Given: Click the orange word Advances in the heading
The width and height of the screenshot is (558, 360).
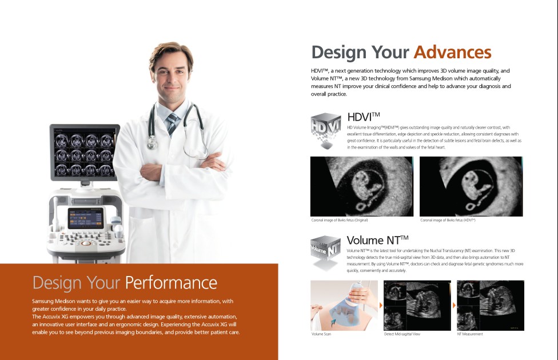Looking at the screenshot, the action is pyautogui.click(x=452, y=53).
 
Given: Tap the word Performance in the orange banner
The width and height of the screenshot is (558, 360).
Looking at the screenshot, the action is pyautogui.click(x=171, y=283).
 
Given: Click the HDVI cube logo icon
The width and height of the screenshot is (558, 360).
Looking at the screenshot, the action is pyautogui.click(x=326, y=130).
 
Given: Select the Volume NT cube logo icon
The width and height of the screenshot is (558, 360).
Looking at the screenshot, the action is pyautogui.click(x=326, y=252).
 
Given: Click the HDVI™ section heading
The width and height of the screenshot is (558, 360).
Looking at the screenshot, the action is pyautogui.click(x=364, y=117).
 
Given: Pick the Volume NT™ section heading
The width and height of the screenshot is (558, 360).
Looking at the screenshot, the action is pyautogui.click(x=377, y=240).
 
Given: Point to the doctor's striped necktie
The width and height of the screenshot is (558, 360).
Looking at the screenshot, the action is pyautogui.click(x=172, y=123).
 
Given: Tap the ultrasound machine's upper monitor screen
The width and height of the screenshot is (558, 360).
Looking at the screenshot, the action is pyautogui.click(x=85, y=153).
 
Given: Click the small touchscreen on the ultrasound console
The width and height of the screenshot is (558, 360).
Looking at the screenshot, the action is pyautogui.click(x=86, y=218).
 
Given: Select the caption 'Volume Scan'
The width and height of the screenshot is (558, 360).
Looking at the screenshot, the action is pyautogui.click(x=321, y=334).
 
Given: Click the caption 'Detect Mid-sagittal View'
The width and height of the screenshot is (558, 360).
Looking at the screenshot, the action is pyautogui.click(x=402, y=334).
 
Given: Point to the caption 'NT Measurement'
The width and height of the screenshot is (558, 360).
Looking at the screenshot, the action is pyautogui.click(x=470, y=334).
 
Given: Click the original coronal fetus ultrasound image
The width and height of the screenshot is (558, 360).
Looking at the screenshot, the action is pyautogui.click(x=362, y=186).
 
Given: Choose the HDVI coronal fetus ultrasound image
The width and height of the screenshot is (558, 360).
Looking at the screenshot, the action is pyautogui.click(x=471, y=186).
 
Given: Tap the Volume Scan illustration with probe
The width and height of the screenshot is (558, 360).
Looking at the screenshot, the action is pyautogui.click(x=344, y=306).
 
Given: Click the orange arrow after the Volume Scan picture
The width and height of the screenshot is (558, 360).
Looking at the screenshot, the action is pyautogui.click(x=381, y=305).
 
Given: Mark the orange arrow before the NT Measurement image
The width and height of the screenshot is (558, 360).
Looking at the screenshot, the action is pyautogui.click(x=454, y=305).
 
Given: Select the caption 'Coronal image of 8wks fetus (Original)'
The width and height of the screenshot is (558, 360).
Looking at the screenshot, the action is pyautogui.click(x=339, y=220).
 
